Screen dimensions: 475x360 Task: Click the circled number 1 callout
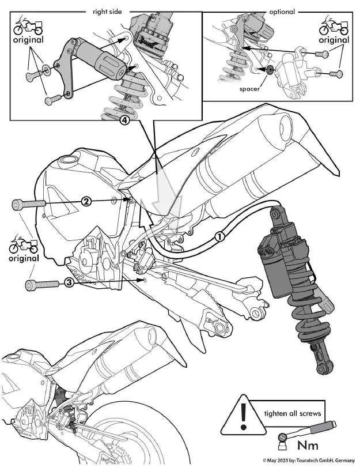(219, 236)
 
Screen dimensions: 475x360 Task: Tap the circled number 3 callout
(69, 282)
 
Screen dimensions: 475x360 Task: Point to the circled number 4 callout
(123, 121)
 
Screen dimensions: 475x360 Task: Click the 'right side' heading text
(108, 11)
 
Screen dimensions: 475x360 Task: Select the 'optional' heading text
(282, 11)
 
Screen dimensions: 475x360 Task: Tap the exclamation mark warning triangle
(244, 414)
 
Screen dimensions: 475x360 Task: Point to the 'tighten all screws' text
(292, 413)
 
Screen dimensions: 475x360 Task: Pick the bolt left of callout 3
(41, 284)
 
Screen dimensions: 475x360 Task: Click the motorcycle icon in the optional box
(334, 27)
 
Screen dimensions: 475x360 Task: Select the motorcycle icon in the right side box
(27, 27)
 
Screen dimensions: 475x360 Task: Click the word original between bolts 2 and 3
(24, 258)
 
